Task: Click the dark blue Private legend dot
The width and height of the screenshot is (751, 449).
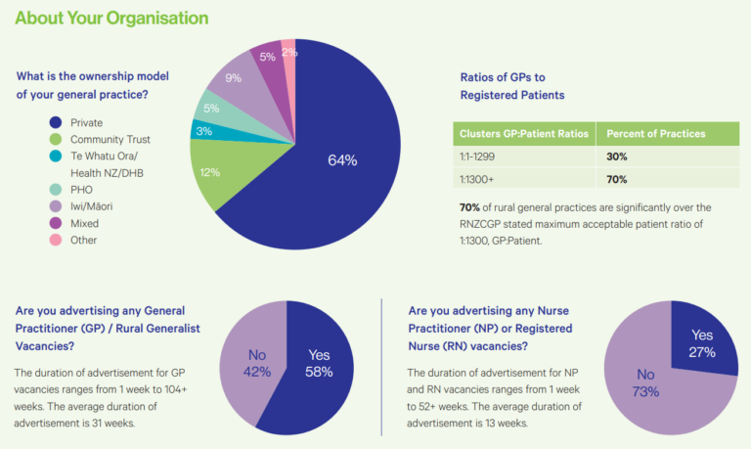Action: (x=56, y=123)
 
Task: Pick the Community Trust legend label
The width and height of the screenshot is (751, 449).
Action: (x=110, y=140)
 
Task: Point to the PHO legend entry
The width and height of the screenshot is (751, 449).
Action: (x=82, y=190)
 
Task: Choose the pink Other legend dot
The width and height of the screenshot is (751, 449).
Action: (x=56, y=240)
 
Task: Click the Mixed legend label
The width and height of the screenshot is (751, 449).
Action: (x=86, y=223)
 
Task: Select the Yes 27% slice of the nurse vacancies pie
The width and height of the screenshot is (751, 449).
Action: (x=701, y=342)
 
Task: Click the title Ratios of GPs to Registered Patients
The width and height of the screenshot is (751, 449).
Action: (x=511, y=86)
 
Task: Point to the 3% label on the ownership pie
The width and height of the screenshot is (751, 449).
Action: (x=204, y=130)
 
